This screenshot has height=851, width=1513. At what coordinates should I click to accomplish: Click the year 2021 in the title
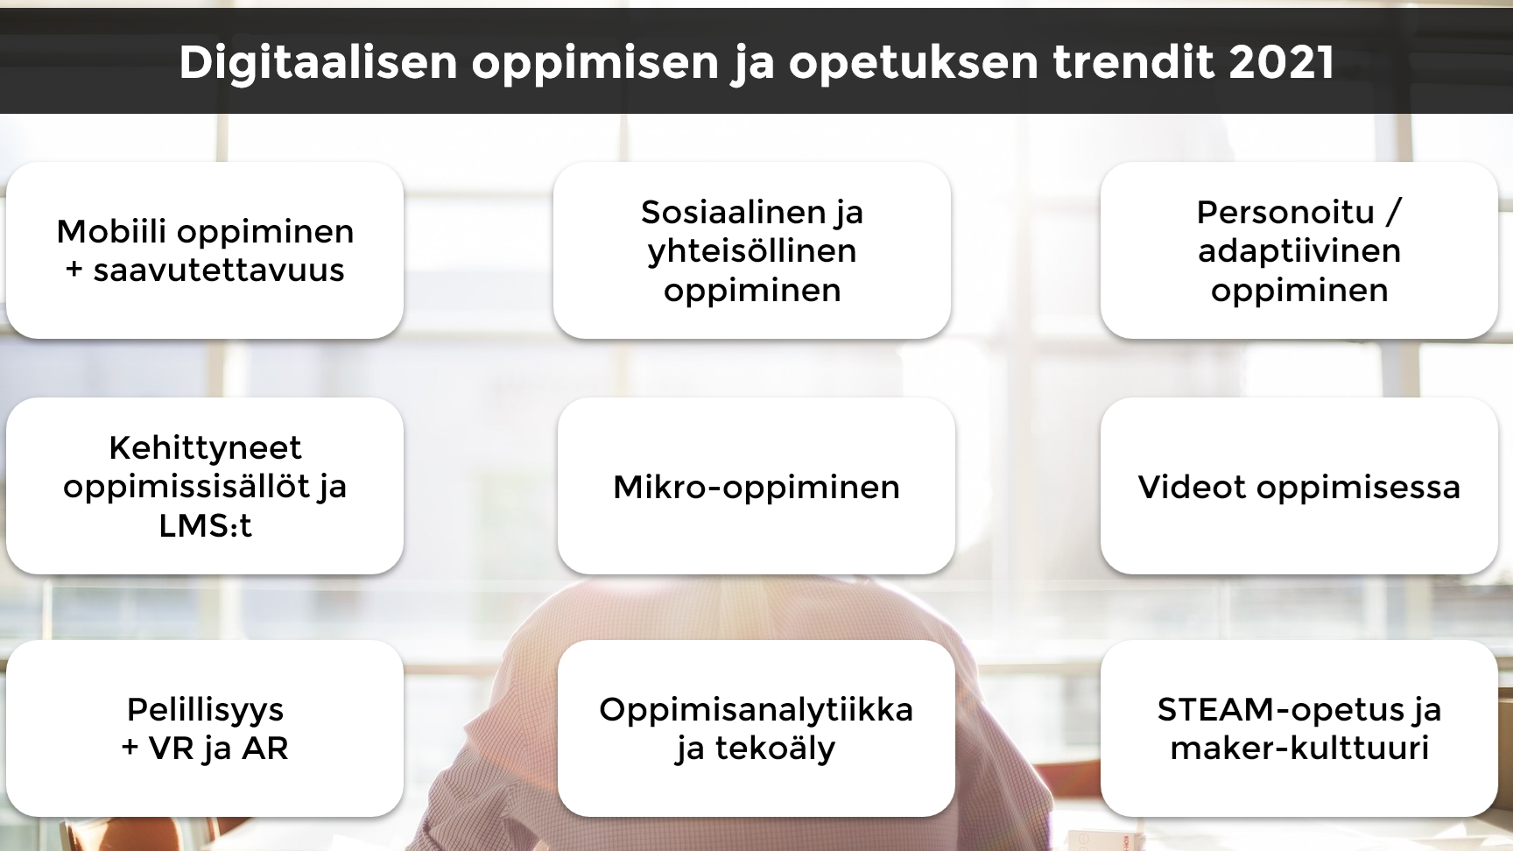pyautogui.click(x=1282, y=62)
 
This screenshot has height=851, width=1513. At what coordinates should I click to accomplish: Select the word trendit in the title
pyautogui.click(x=1134, y=62)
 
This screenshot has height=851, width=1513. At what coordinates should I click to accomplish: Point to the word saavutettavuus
pyautogui.click(x=219, y=271)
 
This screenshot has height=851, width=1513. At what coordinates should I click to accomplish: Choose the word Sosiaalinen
pyautogui.click(x=733, y=212)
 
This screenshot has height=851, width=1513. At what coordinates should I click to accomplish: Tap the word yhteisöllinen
pyautogui.click(x=752, y=251)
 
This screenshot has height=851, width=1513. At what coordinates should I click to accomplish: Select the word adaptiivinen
pyautogui.click(x=1299, y=251)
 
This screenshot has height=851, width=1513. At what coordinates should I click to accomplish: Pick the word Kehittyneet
pyautogui.click(x=205, y=447)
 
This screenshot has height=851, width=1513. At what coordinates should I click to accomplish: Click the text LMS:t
pyautogui.click(x=205, y=525)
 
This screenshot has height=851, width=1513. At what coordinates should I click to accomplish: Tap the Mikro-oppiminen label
pyautogui.click(x=756, y=488)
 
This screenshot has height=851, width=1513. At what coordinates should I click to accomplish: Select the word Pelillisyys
pyautogui.click(x=205, y=710)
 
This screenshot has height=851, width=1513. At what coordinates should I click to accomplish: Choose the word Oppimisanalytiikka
pyautogui.click(x=756, y=710)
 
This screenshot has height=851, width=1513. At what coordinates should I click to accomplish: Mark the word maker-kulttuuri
pyautogui.click(x=1299, y=749)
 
